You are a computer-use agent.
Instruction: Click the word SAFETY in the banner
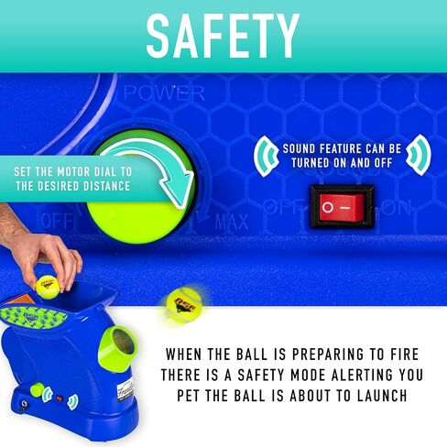223,36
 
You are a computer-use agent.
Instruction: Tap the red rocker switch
342,207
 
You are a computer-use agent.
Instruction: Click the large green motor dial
140,186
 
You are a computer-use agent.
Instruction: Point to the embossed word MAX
232,222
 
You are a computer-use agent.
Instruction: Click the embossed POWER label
164,93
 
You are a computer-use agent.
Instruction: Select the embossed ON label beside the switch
396,208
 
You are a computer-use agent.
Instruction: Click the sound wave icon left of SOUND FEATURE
267,156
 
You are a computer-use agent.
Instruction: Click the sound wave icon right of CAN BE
419,155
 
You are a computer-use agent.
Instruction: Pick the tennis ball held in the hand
48,287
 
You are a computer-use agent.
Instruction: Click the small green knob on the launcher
38,390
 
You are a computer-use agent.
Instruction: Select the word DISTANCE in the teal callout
107,186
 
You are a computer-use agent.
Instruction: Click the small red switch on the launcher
60,398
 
